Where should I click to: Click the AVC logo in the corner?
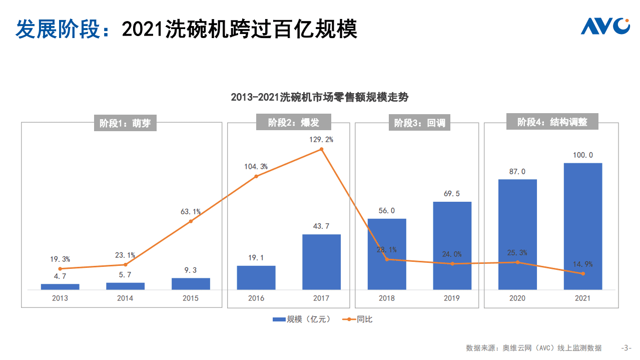click(605, 26)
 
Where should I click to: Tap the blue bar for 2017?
click(321, 262)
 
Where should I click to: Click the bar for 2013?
click(60, 286)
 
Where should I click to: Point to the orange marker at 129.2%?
click(321, 149)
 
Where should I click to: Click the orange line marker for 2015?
click(191, 221)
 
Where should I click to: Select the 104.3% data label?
click(256, 166)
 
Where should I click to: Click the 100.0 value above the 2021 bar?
click(582, 155)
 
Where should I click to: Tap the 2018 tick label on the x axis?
click(386, 298)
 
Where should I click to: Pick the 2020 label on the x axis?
click(517, 298)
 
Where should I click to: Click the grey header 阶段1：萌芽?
click(125, 123)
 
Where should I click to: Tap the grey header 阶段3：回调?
click(419, 123)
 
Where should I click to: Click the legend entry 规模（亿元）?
click(302, 319)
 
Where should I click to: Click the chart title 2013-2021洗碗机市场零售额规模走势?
click(320, 97)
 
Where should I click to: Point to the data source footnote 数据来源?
click(533, 348)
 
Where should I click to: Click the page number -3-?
click(626, 348)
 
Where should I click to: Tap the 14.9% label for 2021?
click(582, 264)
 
